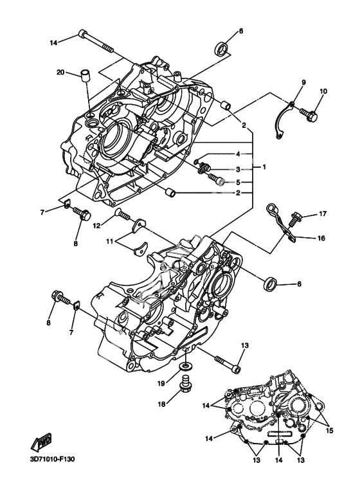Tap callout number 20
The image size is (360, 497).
[x=60, y=72]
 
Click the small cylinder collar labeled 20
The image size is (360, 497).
[x=85, y=76]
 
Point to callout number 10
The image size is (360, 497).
[x=323, y=91]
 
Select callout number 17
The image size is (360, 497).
[x=323, y=214]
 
